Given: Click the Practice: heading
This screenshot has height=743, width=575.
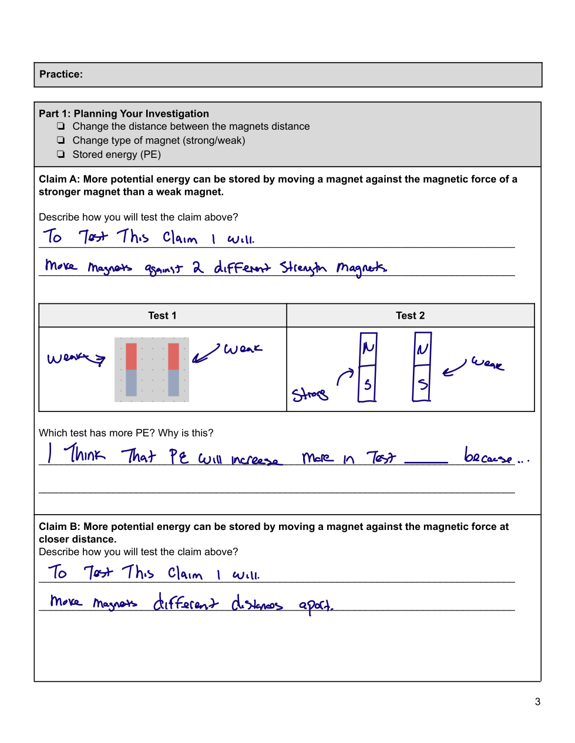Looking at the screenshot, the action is [x=61, y=74].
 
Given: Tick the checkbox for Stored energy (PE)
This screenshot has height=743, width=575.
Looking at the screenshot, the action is [x=61, y=154].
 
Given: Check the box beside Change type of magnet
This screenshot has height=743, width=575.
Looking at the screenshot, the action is [x=61, y=140].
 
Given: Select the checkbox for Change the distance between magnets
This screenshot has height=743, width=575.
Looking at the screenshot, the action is [x=61, y=126].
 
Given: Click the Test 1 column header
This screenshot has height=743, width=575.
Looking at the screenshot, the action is [x=162, y=315].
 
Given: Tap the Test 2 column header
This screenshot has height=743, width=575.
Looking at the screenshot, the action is [x=410, y=315].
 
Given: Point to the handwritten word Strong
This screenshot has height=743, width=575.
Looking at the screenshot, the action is [x=310, y=394].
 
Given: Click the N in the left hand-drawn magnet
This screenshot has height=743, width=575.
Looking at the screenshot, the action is [x=368, y=348].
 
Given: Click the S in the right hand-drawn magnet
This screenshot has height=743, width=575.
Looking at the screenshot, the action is [x=423, y=384].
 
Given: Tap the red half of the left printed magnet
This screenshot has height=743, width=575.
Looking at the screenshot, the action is [x=131, y=356].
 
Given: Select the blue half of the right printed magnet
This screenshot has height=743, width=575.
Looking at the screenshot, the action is [x=173, y=383].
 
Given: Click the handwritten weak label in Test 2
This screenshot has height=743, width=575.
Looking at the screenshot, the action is [x=487, y=363].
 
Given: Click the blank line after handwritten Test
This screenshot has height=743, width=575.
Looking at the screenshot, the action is [x=426, y=462].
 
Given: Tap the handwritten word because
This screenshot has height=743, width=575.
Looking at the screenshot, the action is [x=487, y=455].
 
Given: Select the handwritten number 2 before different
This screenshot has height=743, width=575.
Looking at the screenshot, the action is [x=198, y=266].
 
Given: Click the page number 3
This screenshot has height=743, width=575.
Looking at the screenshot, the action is [x=537, y=702].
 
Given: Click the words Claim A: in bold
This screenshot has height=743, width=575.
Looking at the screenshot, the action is [x=59, y=179].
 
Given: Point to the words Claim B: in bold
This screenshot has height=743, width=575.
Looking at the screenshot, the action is [x=59, y=526].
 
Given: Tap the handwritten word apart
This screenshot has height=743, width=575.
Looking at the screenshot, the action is [x=316, y=606].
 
